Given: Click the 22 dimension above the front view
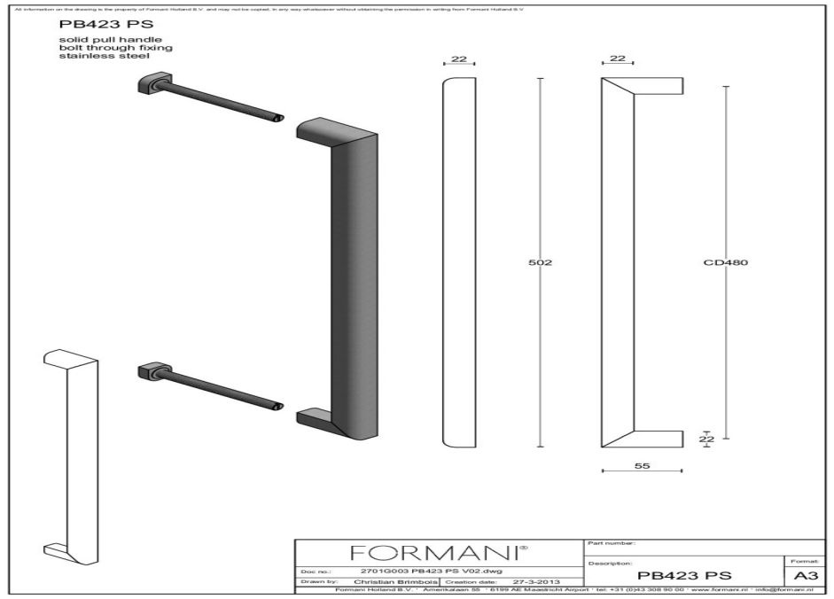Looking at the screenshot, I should tap(459, 59).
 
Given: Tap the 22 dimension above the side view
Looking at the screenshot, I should tap(618, 59).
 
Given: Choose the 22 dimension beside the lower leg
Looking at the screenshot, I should tap(706, 438).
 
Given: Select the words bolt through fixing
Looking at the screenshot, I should tap(97, 49).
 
